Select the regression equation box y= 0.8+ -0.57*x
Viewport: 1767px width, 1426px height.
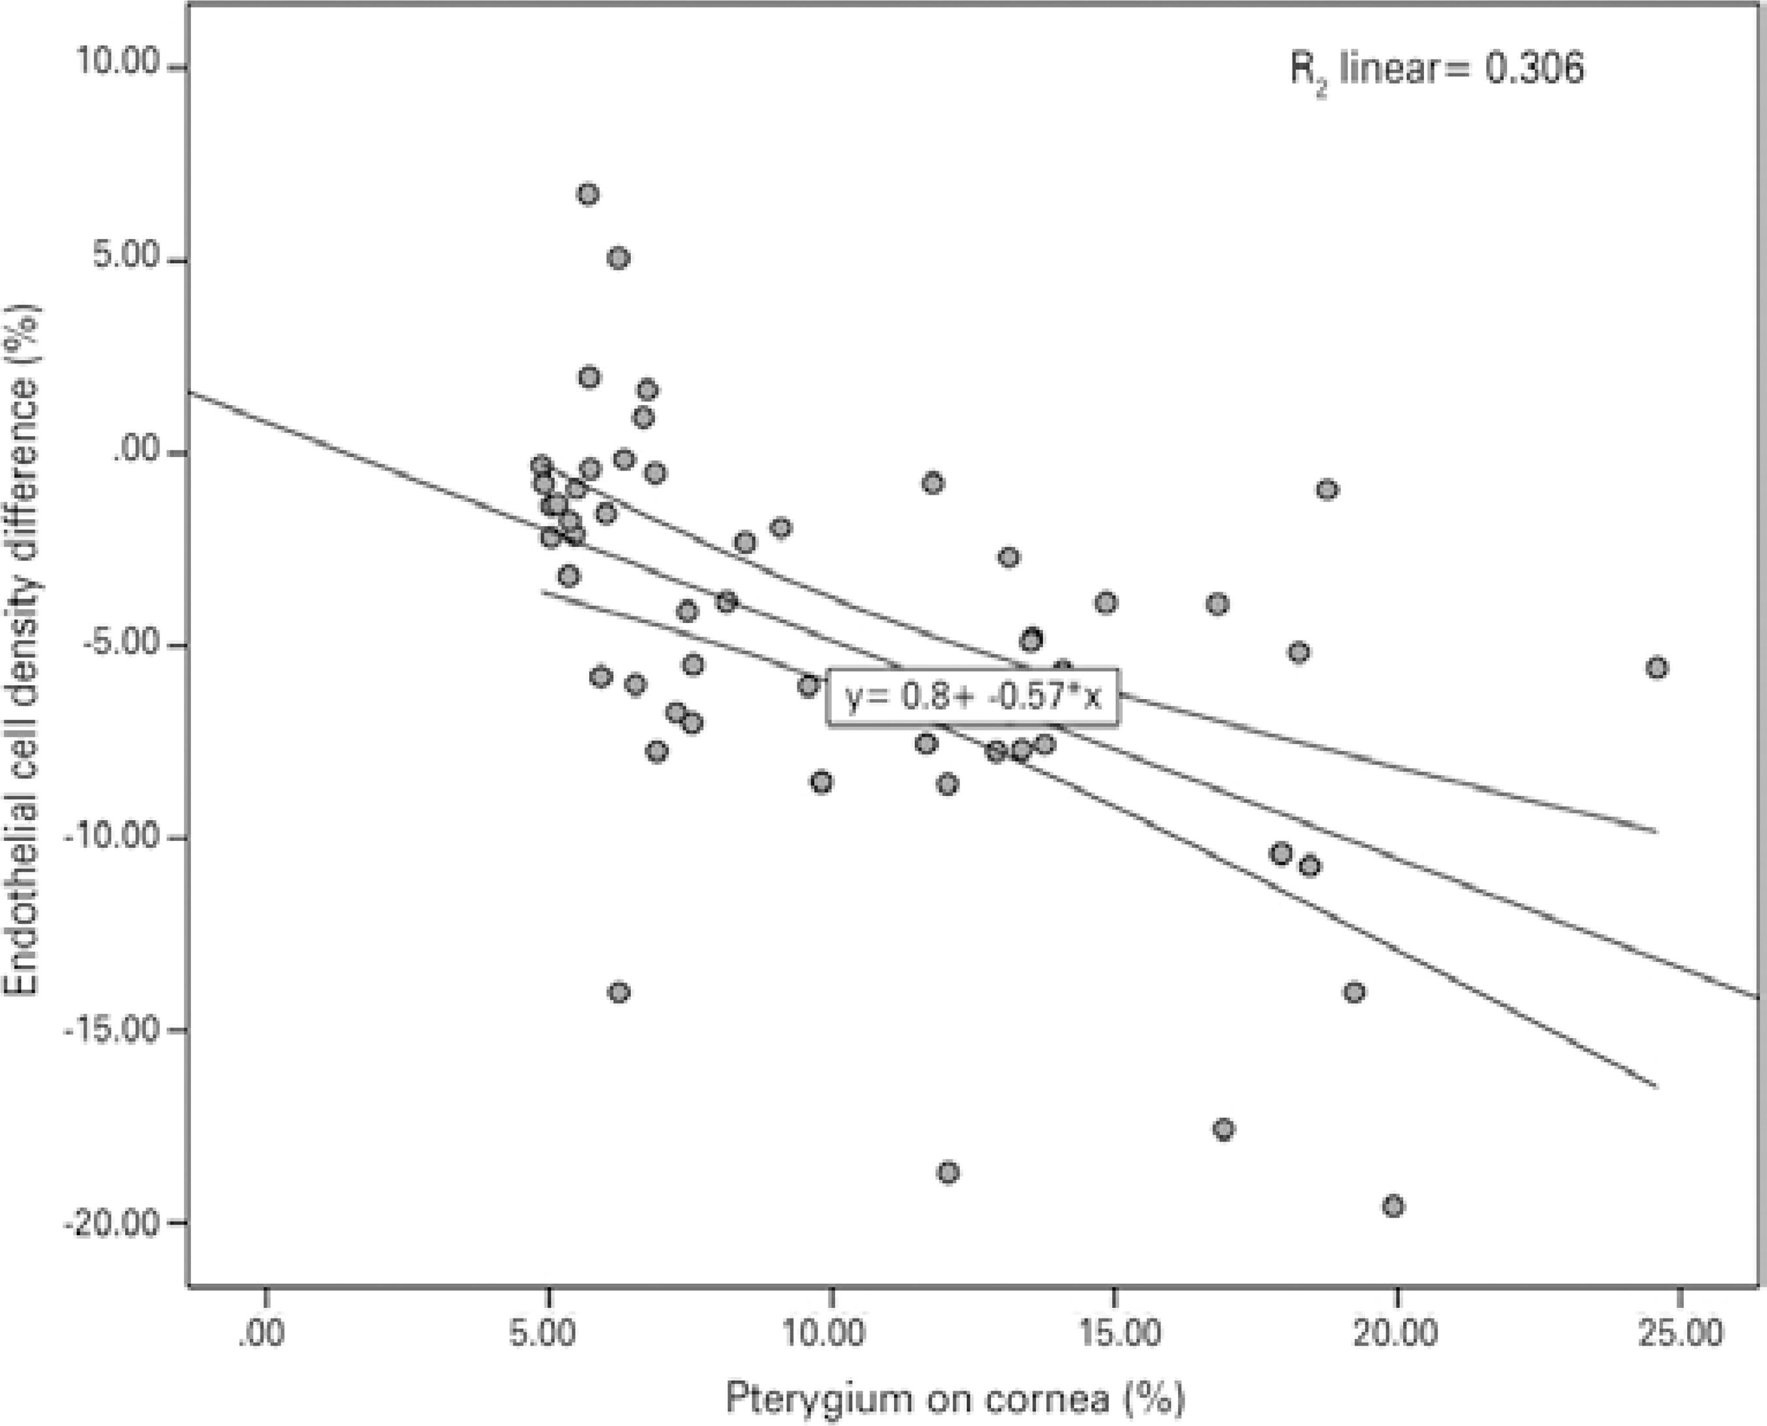pyautogui.click(x=973, y=698)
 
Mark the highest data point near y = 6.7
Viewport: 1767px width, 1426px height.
pyautogui.click(x=588, y=194)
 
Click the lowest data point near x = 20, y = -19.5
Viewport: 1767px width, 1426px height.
pyautogui.click(x=1393, y=1207)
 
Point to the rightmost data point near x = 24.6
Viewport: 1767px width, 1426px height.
pyautogui.click(x=1657, y=668)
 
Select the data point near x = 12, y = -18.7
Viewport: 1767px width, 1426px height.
pyautogui.click(x=949, y=1172)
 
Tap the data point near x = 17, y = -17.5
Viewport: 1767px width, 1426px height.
pyautogui.click(x=1224, y=1130)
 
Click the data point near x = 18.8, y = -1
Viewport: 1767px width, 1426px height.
pyautogui.click(x=1327, y=490)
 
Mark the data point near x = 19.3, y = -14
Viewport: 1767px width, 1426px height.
pyautogui.click(x=1355, y=992)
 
